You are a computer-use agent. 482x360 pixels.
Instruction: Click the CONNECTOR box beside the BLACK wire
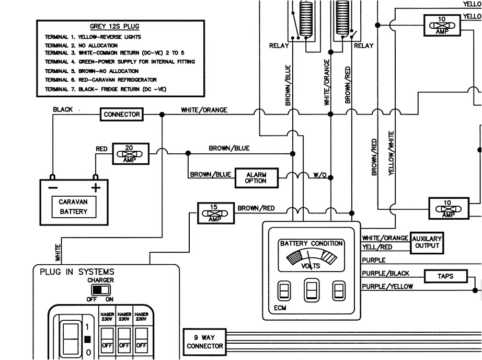(x=122, y=114)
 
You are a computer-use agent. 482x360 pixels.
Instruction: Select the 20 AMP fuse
(x=130, y=153)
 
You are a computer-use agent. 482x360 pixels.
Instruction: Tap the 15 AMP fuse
(x=213, y=211)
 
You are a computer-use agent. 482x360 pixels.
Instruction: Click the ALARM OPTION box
(x=256, y=177)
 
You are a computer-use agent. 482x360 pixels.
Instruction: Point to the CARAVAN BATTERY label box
(x=73, y=207)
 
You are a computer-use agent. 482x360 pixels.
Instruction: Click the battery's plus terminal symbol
(x=95, y=187)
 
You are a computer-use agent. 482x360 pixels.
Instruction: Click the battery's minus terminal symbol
(x=53, y=187)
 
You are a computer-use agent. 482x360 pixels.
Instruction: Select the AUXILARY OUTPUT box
(x=428, y=242)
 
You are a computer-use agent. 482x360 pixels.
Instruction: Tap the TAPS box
(x=445, y=276)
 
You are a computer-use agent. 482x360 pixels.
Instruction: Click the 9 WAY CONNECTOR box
(x=204, y=341)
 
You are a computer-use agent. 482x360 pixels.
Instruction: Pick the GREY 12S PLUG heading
(x=114, y=27)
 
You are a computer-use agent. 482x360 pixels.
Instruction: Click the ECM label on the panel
(x=280, y=309)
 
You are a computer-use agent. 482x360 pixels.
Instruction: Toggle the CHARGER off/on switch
(x=100, y=289)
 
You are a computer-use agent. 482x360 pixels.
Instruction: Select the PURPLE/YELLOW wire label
(x=387, y=286)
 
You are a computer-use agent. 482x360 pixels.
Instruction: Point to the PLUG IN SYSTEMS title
(x=77, y=272)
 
